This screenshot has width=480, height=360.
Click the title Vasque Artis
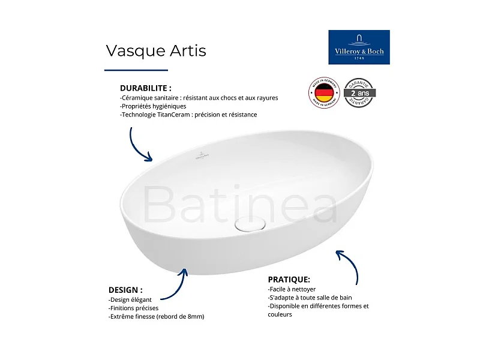click(x=156, y=51)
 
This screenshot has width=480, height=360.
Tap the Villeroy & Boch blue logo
click(x=359, y=47)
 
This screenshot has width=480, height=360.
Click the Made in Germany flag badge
click(x=324, y=94)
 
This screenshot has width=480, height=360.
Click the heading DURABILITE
click(x=146, y=88)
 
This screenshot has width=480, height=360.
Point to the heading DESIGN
click(x=125, y=289)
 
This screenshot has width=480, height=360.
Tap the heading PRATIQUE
click(x=289, y=279)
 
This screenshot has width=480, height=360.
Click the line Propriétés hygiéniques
click(x=153, y=106)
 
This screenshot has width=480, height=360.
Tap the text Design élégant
click(x=130, y=299)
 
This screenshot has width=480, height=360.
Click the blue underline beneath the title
click(x=136, y=70)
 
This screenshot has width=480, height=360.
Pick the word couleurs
click(x=280, y=314)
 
